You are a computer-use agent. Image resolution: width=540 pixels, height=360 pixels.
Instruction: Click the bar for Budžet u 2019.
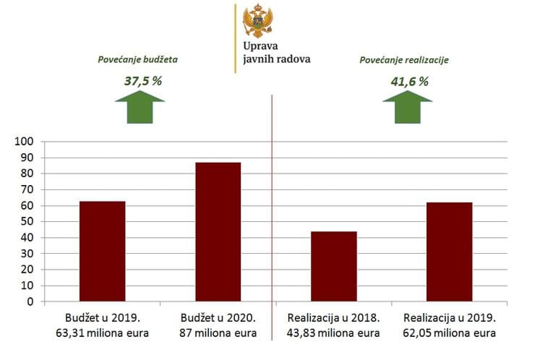tap(102, 251)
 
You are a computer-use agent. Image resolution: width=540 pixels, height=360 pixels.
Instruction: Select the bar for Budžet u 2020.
tap(218, 231)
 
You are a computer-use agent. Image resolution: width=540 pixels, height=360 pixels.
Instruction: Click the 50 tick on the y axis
tap(27, 222)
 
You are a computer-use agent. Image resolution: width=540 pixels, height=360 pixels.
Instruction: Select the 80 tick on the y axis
tap(27, 174)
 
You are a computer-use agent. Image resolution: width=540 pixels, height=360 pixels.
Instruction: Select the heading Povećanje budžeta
tap(138, 59)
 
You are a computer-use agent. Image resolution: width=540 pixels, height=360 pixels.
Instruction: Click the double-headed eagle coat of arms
tap(258, 21)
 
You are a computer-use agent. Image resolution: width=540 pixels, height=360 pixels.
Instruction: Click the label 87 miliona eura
tap(218, 333)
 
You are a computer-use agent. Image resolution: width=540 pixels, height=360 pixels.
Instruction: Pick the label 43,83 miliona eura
tap(333, 333)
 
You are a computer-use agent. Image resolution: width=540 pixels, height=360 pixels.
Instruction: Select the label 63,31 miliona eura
tap(102, 333)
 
